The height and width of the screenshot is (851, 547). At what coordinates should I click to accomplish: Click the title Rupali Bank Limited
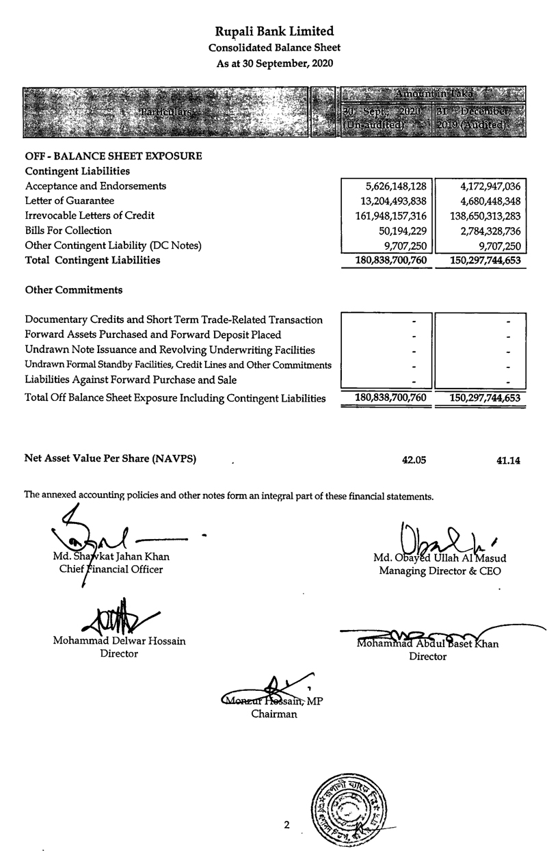click(x=274, y=31)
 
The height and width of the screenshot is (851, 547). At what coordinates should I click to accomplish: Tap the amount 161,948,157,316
click(x=388, y=216)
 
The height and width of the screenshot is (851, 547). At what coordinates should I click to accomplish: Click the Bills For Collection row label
click(x=64, y=231)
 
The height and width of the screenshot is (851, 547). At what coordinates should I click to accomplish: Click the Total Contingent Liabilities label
click(x=92, y=260)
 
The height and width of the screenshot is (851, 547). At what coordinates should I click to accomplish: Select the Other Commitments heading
click(x=74, y=290)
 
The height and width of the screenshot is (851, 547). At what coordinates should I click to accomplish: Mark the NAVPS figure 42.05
click(x=414, y=460)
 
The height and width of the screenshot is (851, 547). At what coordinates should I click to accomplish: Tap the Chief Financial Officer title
click(x=108, y=570)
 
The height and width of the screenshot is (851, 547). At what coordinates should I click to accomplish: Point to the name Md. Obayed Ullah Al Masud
click(x=440, y=558)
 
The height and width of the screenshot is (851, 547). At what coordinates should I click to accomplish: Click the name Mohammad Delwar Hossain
click(x=119, y=642)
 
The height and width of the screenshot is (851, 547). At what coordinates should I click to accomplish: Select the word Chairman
click(x=274, y=715)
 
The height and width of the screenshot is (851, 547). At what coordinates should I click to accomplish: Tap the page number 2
click(x=287, y=825)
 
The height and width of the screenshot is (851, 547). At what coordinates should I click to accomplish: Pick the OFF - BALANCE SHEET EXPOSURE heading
click(x=114, y=156)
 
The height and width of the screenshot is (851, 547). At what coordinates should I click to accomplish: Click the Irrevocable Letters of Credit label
click(x=90, y=215)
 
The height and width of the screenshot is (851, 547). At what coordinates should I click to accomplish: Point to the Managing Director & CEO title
click(x=440, y=571)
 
